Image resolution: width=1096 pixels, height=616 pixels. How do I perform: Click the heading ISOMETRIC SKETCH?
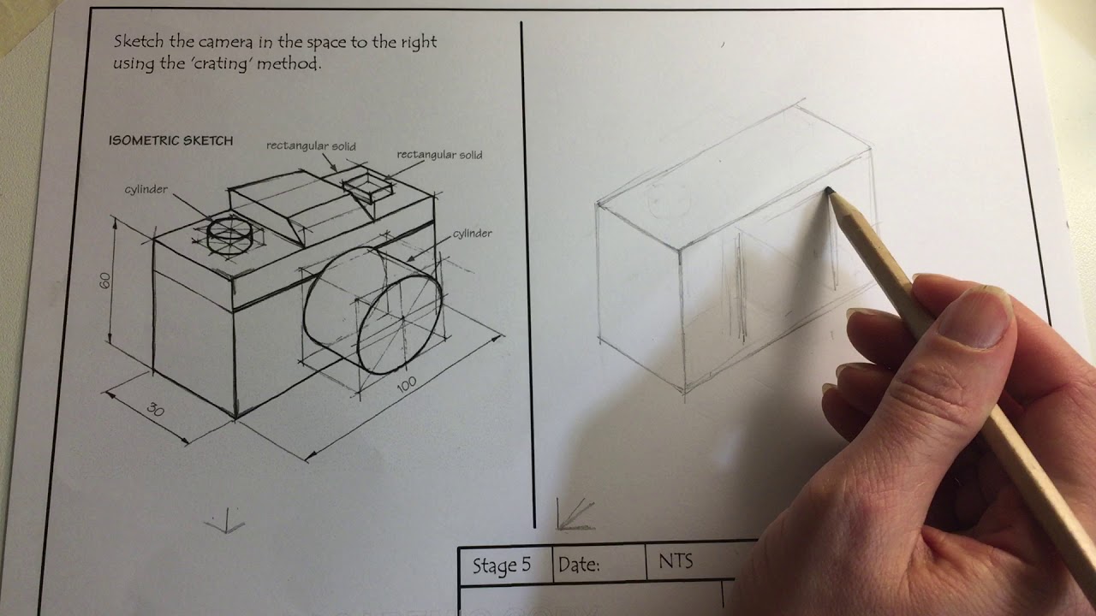(x=170, y=141)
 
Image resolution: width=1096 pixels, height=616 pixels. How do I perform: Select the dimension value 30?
(x=155, y=409)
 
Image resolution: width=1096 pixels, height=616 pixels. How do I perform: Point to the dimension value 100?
(x=407, y=385)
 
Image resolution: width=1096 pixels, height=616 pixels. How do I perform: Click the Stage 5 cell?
(x=502, y=566)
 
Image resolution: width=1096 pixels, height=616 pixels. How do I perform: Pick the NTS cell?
(x=676, y=562)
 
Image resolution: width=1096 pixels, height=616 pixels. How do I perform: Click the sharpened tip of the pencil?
(x=829, y=192)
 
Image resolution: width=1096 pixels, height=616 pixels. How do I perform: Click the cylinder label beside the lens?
(x=472, y=234)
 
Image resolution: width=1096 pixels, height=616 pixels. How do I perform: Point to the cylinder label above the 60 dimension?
(x=146, y=189)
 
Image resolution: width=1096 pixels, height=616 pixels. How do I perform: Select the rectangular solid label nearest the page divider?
(x=439, y=155)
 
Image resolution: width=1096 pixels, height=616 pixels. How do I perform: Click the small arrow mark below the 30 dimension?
(x=225, y=519)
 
